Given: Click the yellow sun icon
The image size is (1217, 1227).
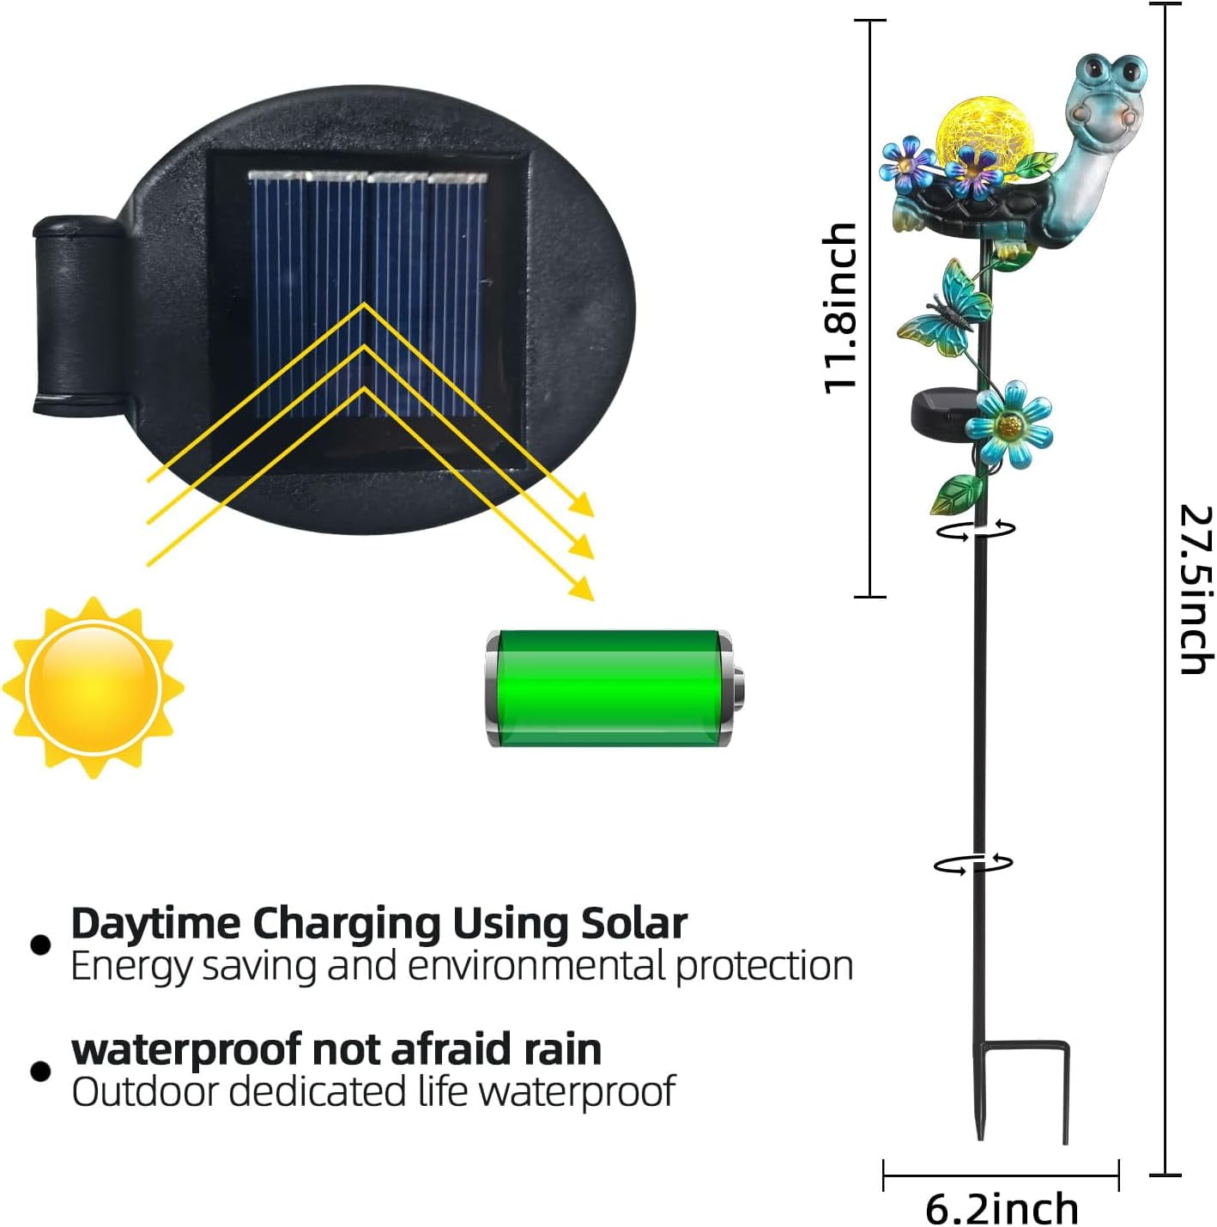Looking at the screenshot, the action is [93, 688].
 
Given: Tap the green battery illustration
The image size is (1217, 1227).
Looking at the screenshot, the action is [615, 688].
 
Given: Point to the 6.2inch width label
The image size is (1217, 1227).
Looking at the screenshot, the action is [1002, 1206].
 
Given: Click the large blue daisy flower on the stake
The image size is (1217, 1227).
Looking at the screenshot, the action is [1009, 425].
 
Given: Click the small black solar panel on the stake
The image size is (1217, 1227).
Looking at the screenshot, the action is [941, 412].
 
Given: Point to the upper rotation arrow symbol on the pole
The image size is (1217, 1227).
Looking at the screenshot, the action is [976, 529].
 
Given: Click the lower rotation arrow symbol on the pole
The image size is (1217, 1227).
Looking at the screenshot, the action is [973, 864].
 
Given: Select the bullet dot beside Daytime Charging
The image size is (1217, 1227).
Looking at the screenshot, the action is [40, 945].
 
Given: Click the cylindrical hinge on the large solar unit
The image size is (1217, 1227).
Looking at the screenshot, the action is [77, 316].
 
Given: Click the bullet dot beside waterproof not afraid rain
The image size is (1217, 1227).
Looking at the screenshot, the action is [40, 1072].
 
